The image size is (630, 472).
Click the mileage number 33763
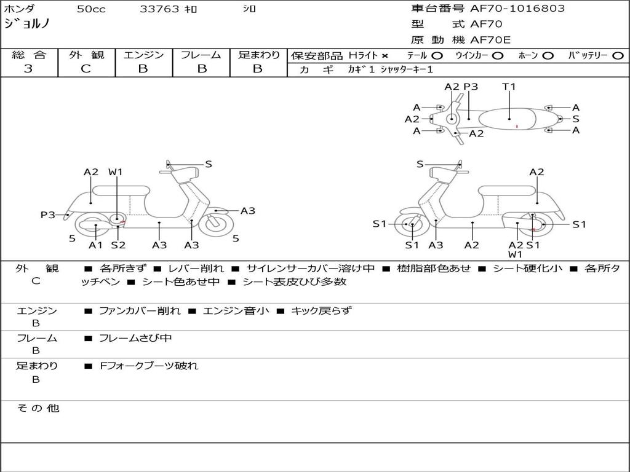(x=160, y=9)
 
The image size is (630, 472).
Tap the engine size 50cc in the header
(x=91, y=9)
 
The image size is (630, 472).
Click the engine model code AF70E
(x=490, y=40)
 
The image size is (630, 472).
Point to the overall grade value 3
(x=28, y=69)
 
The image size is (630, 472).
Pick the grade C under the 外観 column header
(x=86, y=69)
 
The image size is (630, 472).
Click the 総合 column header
(x=29, y=55)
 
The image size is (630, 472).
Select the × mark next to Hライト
(x=385, y=56)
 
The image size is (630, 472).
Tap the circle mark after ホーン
(x=548, y=56)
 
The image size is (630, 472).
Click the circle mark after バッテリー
(x=618, y=56)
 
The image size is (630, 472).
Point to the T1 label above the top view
(x=509, y=87)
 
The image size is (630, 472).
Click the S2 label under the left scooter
(x=118, y=245)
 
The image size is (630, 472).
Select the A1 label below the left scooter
(x=96, y=245)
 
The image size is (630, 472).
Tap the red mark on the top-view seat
(x=517, y=127)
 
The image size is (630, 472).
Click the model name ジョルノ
(x=27, y=25)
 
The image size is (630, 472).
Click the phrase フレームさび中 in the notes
(x=135, y=338)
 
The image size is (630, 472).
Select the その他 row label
(x=38, y=408)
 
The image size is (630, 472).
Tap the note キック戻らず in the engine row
(x=321, y=310)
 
